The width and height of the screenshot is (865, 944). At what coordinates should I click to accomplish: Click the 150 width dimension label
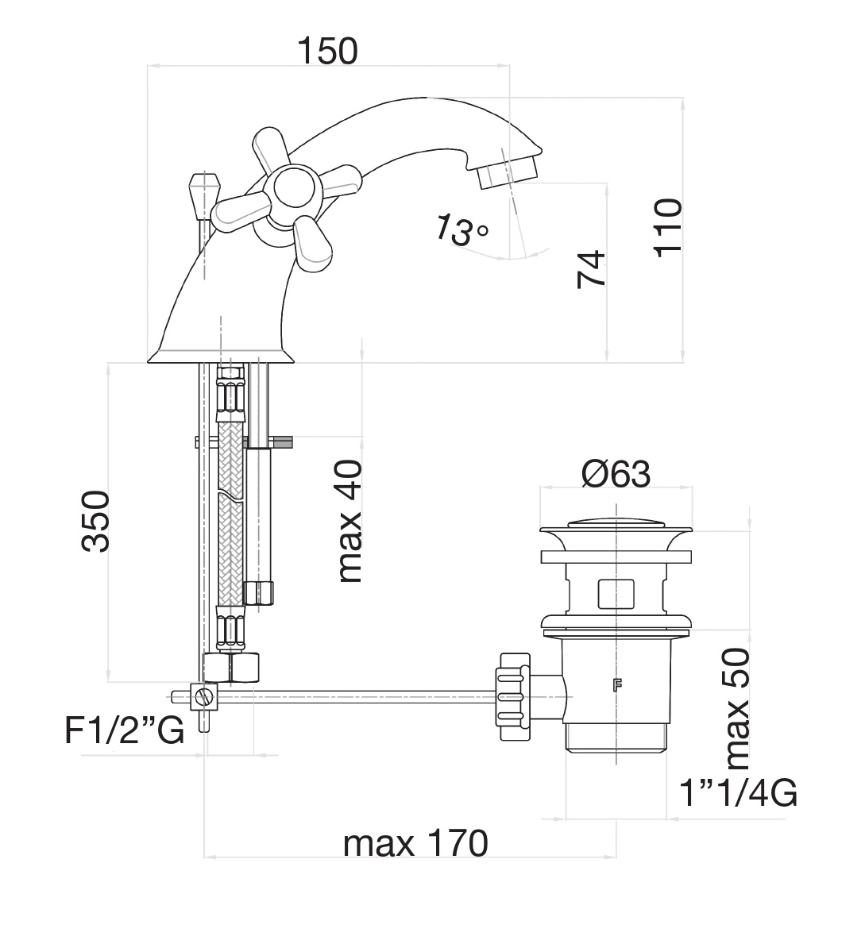[x=328, y=51]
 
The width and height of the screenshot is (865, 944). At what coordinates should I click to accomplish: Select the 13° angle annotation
[x=461, y=230]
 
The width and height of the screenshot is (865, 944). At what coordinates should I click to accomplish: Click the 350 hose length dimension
[x=95, y=521]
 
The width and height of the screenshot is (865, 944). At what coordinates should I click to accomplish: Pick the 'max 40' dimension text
[x=349, y=522]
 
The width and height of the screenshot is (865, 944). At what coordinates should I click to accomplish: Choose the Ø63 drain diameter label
[x=616, y=474]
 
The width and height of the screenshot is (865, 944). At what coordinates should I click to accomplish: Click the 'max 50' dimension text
[x=736, y=709]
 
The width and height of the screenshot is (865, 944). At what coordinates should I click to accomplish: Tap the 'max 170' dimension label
[x=415, y=843]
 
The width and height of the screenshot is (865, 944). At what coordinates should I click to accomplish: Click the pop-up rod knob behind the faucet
[x=204, y=191]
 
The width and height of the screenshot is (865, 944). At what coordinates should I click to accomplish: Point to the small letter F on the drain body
[x=616, y=684]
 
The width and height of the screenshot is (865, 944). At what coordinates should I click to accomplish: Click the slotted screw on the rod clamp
[x=207, y=698]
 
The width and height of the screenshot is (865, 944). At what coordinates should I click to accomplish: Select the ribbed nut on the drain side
[x=511, y=696]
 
